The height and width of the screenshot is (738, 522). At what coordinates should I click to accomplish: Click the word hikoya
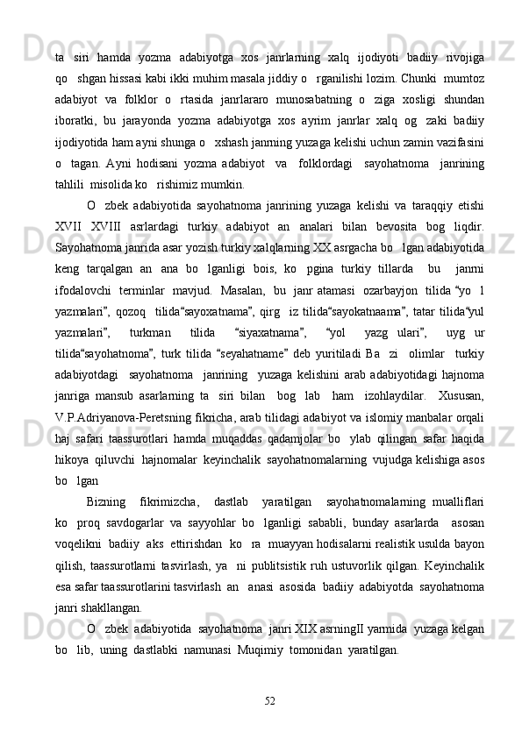(73, 443)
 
